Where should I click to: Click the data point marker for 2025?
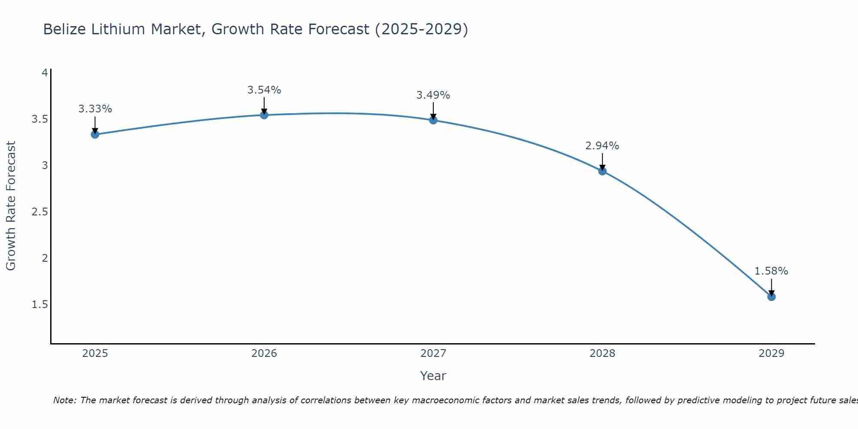click(x=95, y=134)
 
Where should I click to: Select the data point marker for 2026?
click(x=264, y=115)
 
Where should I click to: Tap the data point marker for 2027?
click(x=433, y=120)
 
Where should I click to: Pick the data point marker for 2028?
click(x=602, y=171)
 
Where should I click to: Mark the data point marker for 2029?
click(x=771, y=296)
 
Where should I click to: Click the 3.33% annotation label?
click(x=95, y=109)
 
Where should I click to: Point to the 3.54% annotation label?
click(x=264, y=90)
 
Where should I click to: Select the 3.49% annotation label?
click(x=433, y=95)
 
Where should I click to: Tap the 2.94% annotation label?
click(x=602, y=146)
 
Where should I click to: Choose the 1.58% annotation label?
click(x=771, y=271)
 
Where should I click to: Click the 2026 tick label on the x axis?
click(x=264, y=353)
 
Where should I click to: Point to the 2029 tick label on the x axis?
click(x=771, y=353)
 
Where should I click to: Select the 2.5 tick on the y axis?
click(x=39, y=211)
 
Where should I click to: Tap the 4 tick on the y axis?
click(x=45, y=73)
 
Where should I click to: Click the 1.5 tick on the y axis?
click(x=39, y=305)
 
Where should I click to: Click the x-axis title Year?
click(x=433, y=376)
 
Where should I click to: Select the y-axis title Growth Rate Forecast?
click(x=11, y=206)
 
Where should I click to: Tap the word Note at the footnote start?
click(x=64, y=400)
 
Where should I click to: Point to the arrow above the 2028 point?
click(x=602, y=162)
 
